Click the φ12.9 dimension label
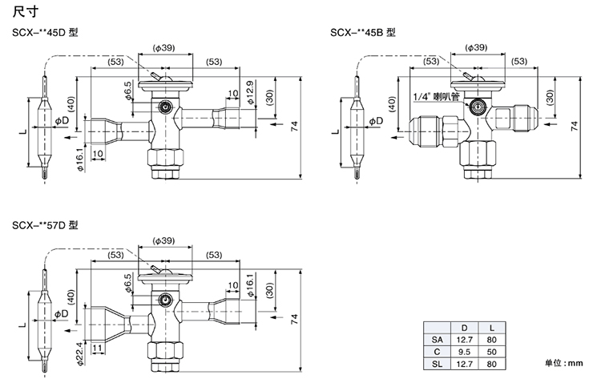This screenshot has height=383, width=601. click(249, 93)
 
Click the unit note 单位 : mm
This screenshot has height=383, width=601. click(566, 363)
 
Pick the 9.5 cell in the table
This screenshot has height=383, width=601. click(462, 351)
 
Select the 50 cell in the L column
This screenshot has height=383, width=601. click(489, 351)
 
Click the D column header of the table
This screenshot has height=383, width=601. click(462, 329)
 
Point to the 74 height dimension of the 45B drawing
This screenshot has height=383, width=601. click(574, 127)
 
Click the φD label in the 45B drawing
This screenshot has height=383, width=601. click(376, 120)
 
